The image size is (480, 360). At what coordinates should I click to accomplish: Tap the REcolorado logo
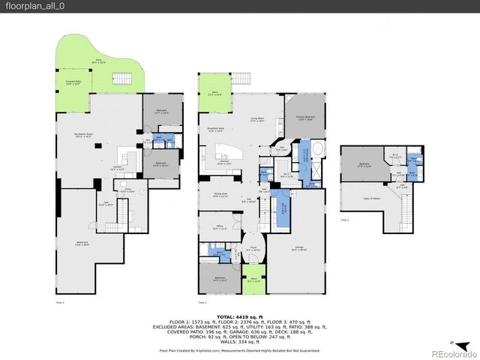pyautogui.click(x=447, y=353)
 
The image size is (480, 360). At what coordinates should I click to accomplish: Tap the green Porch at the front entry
pyautogui.click(x=253, y=280)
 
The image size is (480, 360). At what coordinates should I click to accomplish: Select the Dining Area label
pyautogui.click(x=217, y=194)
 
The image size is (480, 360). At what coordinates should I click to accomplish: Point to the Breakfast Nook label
pyautogui.click(x=216, y=129)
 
